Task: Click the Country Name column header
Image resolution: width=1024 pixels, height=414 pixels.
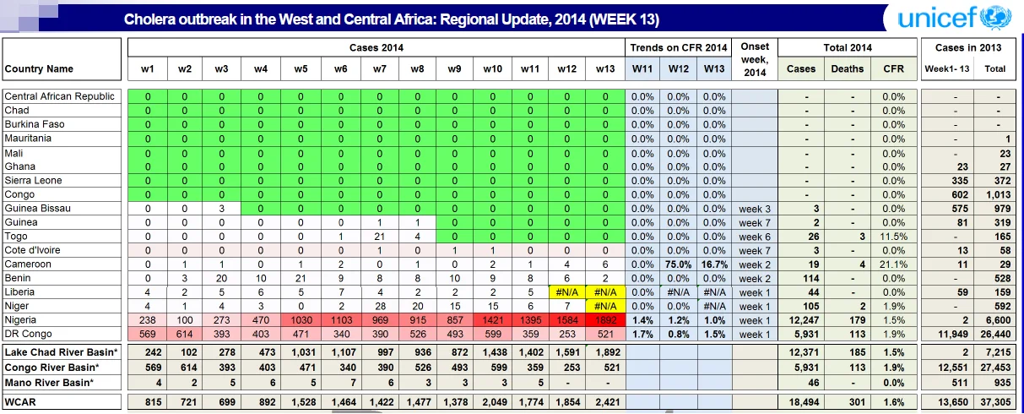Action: [x=39, y=68]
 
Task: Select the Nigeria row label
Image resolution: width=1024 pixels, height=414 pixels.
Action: [x=20, y=319]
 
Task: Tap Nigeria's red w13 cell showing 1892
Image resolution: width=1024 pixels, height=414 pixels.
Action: [x=605, y=320]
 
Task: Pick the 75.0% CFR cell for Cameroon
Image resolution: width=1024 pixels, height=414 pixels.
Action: [x=679, y=264]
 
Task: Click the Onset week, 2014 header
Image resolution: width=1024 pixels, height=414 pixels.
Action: [x=755, y=59]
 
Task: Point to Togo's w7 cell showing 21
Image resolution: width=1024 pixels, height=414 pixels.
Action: [x=379, y=237]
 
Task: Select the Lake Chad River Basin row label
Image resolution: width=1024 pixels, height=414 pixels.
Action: [x=61, y=352]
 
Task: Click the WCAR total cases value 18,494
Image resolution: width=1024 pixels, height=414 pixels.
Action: [x=806, y=402]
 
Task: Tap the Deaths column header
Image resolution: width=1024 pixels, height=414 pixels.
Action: [x=847, y=68]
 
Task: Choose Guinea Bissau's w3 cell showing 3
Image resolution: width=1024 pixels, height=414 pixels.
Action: [x=221, y=209]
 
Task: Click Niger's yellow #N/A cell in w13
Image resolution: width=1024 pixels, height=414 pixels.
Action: [x=605, y=306]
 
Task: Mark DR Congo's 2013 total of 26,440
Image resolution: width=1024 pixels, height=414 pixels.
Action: [x=995, y=335]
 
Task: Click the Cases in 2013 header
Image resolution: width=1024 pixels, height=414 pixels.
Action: [x=968, y=47]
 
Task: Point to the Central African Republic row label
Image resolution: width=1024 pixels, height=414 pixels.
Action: [x=59, y=96]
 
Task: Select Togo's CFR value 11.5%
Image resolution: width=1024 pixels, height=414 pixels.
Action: [x=893, y=237]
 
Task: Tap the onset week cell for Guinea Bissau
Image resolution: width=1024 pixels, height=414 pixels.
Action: [x=755, y=209]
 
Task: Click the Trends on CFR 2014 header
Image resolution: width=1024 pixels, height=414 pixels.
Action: [x=679, y=47]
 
